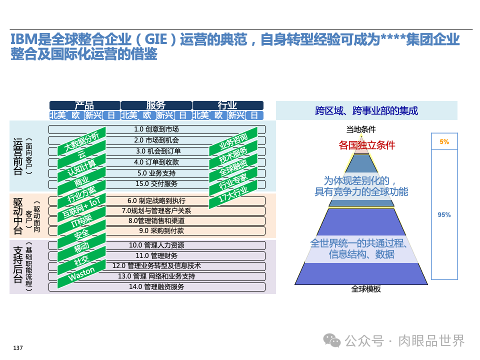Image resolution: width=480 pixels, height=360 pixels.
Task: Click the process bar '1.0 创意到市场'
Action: [156, 129]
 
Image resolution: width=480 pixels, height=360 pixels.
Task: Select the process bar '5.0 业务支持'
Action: [156, 173]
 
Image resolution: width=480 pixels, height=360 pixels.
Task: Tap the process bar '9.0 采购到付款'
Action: [156, 231]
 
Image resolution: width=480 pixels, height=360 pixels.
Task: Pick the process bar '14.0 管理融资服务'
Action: [156, 287]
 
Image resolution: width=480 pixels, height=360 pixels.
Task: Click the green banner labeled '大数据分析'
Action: [81, 142]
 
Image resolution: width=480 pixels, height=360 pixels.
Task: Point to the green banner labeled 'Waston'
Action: [81, 275]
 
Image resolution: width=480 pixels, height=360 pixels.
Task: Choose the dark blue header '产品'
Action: [84, 105]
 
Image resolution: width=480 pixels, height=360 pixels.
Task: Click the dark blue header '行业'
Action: [227, 105]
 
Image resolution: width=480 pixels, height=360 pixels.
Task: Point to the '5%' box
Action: [444, 142]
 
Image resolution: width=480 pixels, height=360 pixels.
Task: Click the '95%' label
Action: [444, 215]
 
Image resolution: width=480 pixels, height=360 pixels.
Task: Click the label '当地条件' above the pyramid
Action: [361, 129]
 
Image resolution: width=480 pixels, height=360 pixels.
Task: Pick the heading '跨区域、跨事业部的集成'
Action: [366, 111]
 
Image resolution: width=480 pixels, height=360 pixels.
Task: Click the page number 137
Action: [18, 348]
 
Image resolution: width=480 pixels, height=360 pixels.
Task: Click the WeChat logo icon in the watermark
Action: [331, 340]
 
